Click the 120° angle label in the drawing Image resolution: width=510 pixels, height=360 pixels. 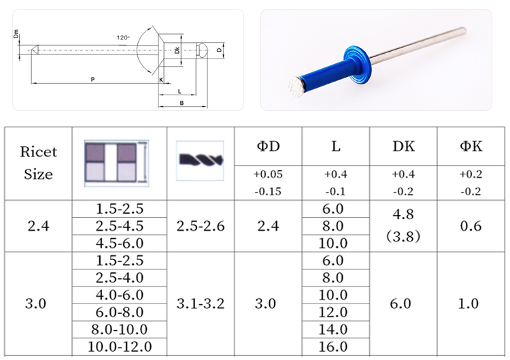(x=123, y=37)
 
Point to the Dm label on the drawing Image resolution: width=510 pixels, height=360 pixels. (x=16, y=34)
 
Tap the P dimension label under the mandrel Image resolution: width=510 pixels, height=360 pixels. (x=92, y=79)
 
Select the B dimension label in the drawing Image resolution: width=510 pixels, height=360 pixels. (x=182, y=103)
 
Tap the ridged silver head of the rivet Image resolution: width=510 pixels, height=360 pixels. (x=296, y=86)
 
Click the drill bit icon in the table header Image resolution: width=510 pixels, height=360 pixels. (x=201, y=160)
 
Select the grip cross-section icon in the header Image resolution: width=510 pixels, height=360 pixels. (x=116, y=163)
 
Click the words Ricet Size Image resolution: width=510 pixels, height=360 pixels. (x=38, y=163)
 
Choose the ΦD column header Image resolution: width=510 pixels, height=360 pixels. (x=269, y=146)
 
